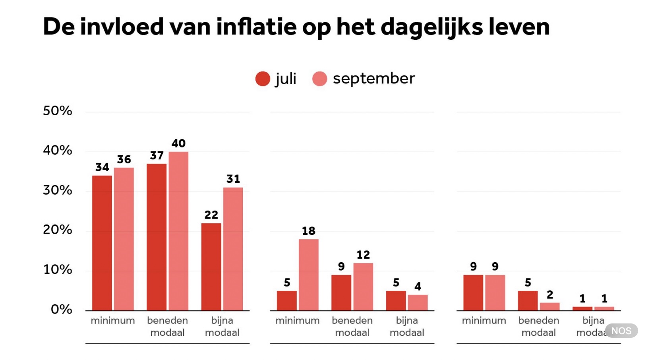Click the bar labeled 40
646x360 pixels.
(178, 231)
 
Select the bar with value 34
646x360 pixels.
(102, 243)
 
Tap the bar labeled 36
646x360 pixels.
(124, 239)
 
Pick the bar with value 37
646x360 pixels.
(157, 237)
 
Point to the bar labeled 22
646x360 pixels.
(211, 267)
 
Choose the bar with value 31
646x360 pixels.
(233, 249)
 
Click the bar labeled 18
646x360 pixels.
(308, 275)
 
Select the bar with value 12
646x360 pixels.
(363, 286)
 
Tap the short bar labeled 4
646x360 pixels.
(418, 302)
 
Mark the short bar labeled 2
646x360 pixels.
(549, 306)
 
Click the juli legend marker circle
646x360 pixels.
(263, 79)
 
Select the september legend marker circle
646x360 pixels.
(320, 79)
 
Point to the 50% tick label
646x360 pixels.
(58, 110)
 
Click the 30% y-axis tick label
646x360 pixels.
(58, 190)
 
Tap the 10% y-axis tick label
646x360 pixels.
(58, 269)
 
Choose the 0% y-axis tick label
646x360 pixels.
(61, 309)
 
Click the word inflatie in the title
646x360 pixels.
(256, 27)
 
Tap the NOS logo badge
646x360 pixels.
(621, 331)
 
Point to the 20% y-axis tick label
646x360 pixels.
(58, 230)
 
